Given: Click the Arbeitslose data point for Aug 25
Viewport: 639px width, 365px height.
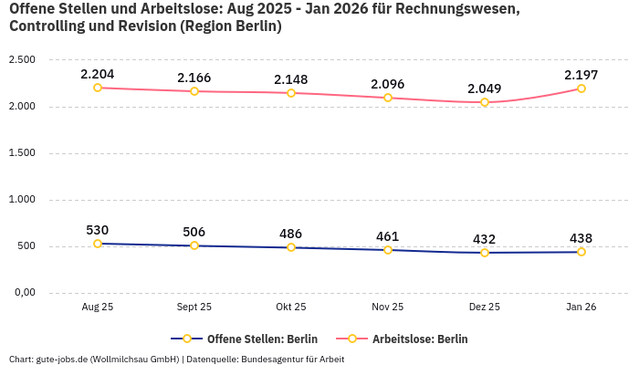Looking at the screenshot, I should pos(98,88).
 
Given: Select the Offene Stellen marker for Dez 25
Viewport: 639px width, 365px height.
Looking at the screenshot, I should pos(485,253).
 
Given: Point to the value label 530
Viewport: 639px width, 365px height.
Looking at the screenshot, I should pos(98,230).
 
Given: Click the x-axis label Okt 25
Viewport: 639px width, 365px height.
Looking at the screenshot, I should pos(291,308).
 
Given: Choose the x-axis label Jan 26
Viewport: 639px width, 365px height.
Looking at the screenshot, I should pos(581,308).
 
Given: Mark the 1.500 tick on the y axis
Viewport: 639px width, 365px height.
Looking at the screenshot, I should pos(21,153).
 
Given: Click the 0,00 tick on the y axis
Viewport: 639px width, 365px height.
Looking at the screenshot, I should pos(23,293).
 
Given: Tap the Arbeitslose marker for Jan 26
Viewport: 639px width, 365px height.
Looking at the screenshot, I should pos(581,89).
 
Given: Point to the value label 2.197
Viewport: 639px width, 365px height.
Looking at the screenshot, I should pos(581,74).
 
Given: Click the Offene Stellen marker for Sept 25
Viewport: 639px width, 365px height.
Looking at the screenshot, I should pos(194,245).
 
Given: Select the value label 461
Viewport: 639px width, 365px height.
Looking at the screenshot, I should pos(388,236).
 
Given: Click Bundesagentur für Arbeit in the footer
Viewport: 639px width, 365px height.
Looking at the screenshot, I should pos(292,359).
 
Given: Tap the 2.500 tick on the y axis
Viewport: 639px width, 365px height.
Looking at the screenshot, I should pos(21,60).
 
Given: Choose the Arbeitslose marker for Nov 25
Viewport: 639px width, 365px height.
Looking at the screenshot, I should pos(388,98).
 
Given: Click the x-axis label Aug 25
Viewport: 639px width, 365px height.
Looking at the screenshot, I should pos(98,308).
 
